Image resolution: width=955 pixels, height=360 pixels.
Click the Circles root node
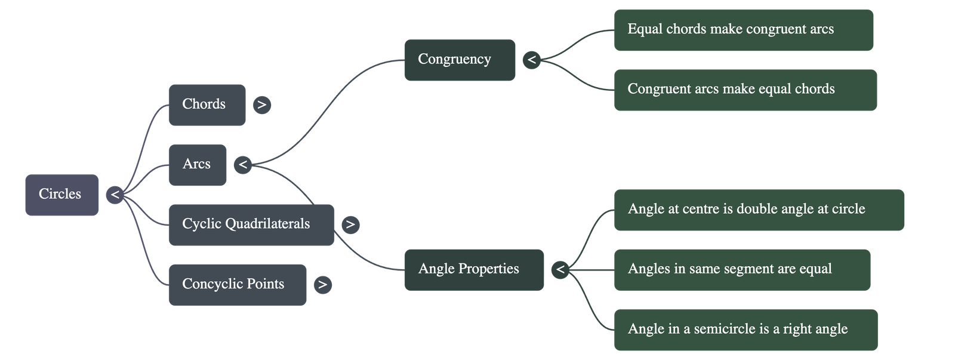pyautogui.click(x=61, y=195)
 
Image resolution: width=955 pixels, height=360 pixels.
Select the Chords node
pyautogui.click(x=207, y=104)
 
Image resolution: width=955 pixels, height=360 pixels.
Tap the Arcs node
pyautogui.click(x=197, y=164)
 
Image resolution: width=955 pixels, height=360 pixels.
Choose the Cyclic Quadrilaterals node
pyautogui.click(x=251, y=224)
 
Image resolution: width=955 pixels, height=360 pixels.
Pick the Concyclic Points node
pyautogui.click(x=237, y=284)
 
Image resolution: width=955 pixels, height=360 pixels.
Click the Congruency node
pyautogui.click(x=460, y=60)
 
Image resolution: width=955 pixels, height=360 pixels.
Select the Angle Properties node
pyautogui.click(x=473, y=269)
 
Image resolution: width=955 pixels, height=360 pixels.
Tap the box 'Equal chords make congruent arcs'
pyautogui.click(x=743, y=29)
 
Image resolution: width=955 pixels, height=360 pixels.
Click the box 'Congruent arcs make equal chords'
pyautogui.click(x=745, y=90)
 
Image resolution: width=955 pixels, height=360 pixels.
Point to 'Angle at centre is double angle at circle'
pyautogui.click(x=759, y=210)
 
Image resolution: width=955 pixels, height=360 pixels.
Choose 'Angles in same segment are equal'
pyautogui.click(x=742, y=269)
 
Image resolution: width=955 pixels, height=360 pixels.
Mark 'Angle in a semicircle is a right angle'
pyautogui.click(x=745, y=330)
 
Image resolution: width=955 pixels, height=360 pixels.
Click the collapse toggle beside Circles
pyautogui.click(x=115, y=195)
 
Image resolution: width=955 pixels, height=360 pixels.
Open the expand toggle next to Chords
pyautogui.click(x=261, y=104)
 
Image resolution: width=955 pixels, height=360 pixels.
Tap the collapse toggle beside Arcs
pyautogui.click(x=243, y=164)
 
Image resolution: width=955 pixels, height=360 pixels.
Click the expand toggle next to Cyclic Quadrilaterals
pyautogui.click(x=350, y=224)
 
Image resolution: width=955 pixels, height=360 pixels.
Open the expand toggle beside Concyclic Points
pyautogui.click(x=322, y=284)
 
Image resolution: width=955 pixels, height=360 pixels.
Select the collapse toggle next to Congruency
pyautogui.click(x=531, y=60)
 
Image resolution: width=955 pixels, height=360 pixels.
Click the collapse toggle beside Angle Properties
pyautogui.click(x=560, y=269)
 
